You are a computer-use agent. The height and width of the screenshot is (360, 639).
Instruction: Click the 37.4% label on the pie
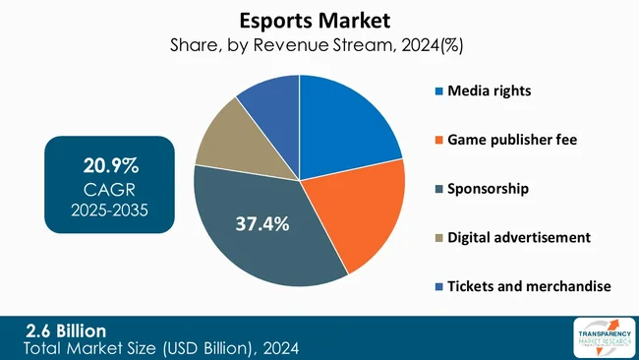pos(261,224)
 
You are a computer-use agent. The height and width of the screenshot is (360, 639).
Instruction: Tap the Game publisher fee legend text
pos(512,140)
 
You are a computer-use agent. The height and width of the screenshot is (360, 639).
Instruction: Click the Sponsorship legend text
pos(489,188)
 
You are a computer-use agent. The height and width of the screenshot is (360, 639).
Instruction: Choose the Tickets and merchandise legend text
pos(530,285)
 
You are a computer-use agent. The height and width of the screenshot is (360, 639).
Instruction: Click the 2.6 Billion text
pos(67,330)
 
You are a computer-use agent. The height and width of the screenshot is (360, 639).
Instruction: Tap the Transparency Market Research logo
pos(593,338)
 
